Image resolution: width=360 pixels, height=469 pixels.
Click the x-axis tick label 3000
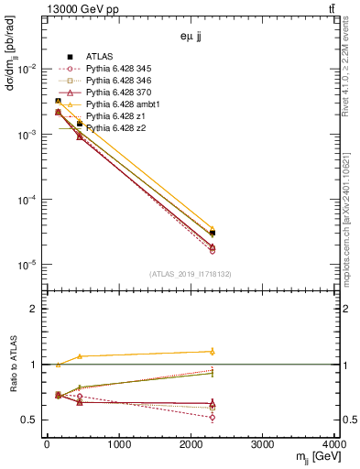click(264, 446)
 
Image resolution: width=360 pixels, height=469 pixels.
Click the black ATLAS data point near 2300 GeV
click(212, 233)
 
